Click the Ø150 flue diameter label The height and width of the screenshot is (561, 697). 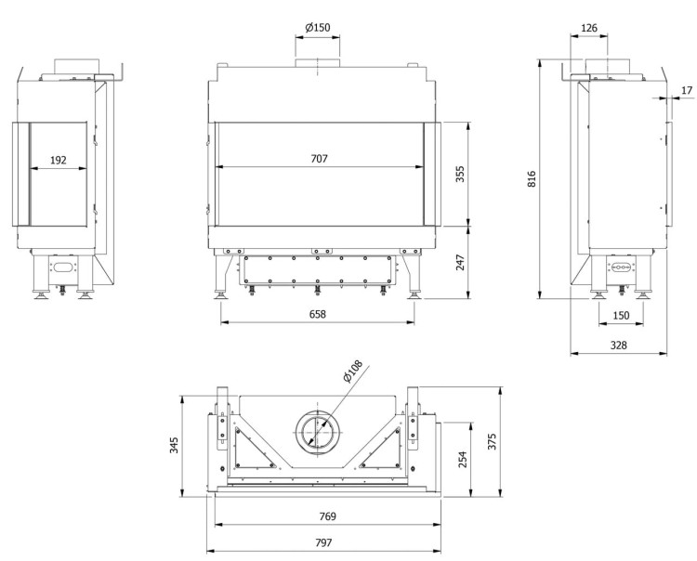318,27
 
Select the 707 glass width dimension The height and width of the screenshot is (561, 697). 319,160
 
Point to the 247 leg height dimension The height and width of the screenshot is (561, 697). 460,263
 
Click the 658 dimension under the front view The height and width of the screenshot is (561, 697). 318,314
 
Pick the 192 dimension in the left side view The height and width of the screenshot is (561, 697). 58,160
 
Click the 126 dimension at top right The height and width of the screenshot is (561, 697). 588,27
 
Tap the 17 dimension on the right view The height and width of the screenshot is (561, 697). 687,90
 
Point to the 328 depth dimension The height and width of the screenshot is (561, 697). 618,345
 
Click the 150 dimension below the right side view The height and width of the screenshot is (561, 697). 621,315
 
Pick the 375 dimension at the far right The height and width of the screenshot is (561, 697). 493,439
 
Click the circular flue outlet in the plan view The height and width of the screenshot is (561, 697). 319,431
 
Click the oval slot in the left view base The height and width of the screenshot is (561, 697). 63,267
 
